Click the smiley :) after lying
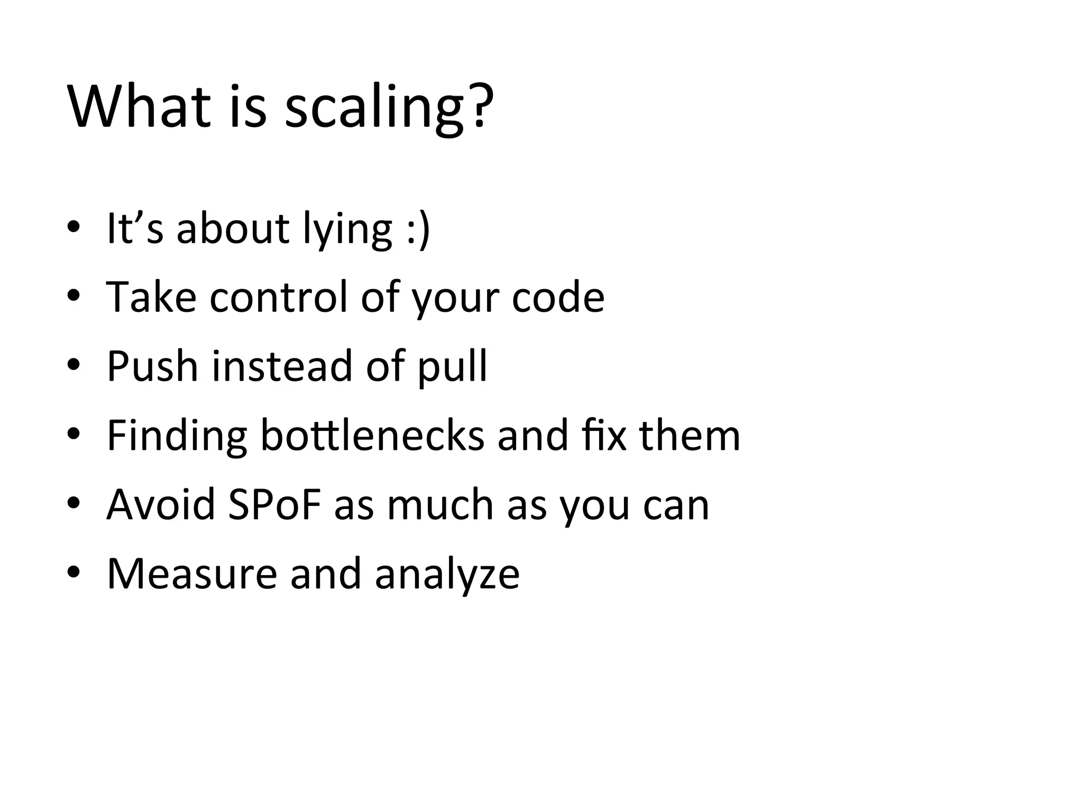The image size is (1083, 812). click(419, 229)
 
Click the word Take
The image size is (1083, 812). click(151, 297)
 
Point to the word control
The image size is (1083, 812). click(279, 297)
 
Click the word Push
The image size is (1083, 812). click(152, 366)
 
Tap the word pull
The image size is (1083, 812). click(452, 368)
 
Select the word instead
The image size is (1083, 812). click(282, 366)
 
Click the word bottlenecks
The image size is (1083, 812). click(372, 436)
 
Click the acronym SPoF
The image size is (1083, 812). click(274, 504)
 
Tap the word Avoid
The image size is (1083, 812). click(161, 504)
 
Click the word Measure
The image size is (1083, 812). click(192, 574)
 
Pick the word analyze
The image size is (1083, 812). click(447, 576)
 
